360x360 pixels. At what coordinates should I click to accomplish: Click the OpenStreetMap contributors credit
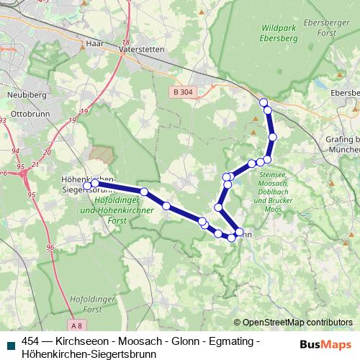(x=293, y=322)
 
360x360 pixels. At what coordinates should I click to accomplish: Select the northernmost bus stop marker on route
(x=264, y=102)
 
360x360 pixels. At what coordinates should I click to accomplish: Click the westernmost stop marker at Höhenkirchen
(x=87, y=186)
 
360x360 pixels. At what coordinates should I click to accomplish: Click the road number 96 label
(x=50, y=248)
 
